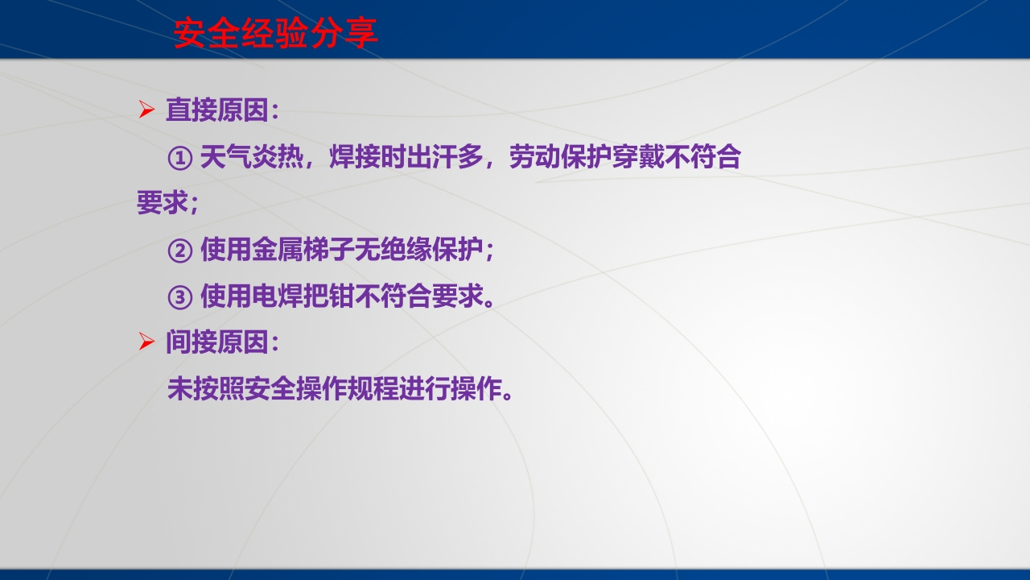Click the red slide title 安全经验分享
(275, 33)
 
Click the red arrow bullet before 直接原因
(146, 110)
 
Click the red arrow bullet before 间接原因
(146, 342)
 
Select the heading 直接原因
(217, 110)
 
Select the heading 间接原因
(217, 342)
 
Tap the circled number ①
(179, 158)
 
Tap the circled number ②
(179, 251)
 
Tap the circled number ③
(179, 297)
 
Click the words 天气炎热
(252, 156)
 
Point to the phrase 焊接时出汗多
(406, 156)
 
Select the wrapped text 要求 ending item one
(163, 202)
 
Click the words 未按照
(206, 388)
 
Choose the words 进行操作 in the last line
(451, 388)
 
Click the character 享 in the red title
(361, 33)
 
